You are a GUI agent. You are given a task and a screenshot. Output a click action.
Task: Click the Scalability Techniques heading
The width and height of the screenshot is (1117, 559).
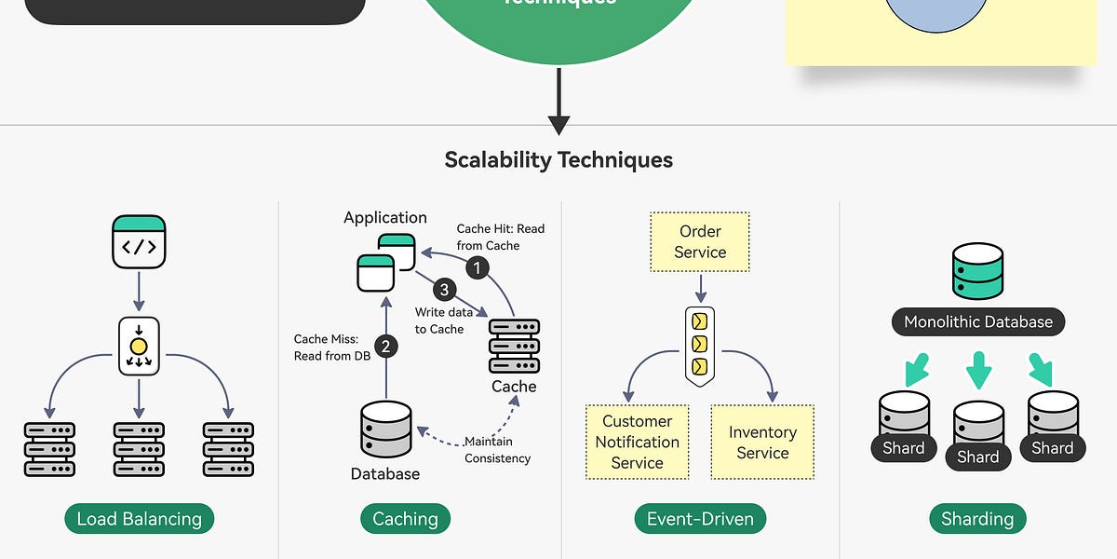(x=558, y=159)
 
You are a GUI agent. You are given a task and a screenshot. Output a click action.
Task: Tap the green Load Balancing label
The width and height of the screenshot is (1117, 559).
(x=139, y=519)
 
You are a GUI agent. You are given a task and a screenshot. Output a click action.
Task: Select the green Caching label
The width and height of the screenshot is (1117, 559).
(x=405, y=519)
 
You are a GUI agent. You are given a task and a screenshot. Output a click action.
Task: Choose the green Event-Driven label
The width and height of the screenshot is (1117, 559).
(x=700, y=519)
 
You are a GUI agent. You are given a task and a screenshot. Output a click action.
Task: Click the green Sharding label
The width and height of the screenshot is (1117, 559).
(x=977, y=519)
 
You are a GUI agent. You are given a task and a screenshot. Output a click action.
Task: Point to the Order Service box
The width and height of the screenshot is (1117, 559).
(x=700, y=241)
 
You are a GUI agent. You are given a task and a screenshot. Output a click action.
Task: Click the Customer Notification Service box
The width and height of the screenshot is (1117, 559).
(x=637, y=443)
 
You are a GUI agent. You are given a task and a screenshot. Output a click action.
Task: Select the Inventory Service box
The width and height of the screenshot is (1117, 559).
(x=762, y=443)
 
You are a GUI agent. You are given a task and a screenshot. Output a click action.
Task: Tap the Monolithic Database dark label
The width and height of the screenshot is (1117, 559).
(x=977, y=322)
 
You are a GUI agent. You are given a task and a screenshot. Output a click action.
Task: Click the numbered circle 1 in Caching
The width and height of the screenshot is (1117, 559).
(x=477, y=268)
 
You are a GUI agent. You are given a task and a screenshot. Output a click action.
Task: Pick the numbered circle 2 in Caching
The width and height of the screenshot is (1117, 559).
(x=384, y=347)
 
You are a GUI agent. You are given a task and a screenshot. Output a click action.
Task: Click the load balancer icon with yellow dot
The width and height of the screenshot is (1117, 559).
(x=139, y=347)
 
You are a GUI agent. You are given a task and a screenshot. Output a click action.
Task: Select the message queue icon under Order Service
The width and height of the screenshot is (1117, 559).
(x=699, y=346)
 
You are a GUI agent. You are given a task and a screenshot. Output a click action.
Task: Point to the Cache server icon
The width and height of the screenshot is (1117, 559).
(x=514, y=346)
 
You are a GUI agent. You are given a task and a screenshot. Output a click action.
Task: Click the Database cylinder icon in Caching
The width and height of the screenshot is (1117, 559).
(x=384, y=430)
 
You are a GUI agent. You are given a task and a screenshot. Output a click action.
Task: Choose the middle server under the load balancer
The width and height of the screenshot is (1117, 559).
(x=139, y=449)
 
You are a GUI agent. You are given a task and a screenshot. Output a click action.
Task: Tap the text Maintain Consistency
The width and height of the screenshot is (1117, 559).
(x=498, y=450)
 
